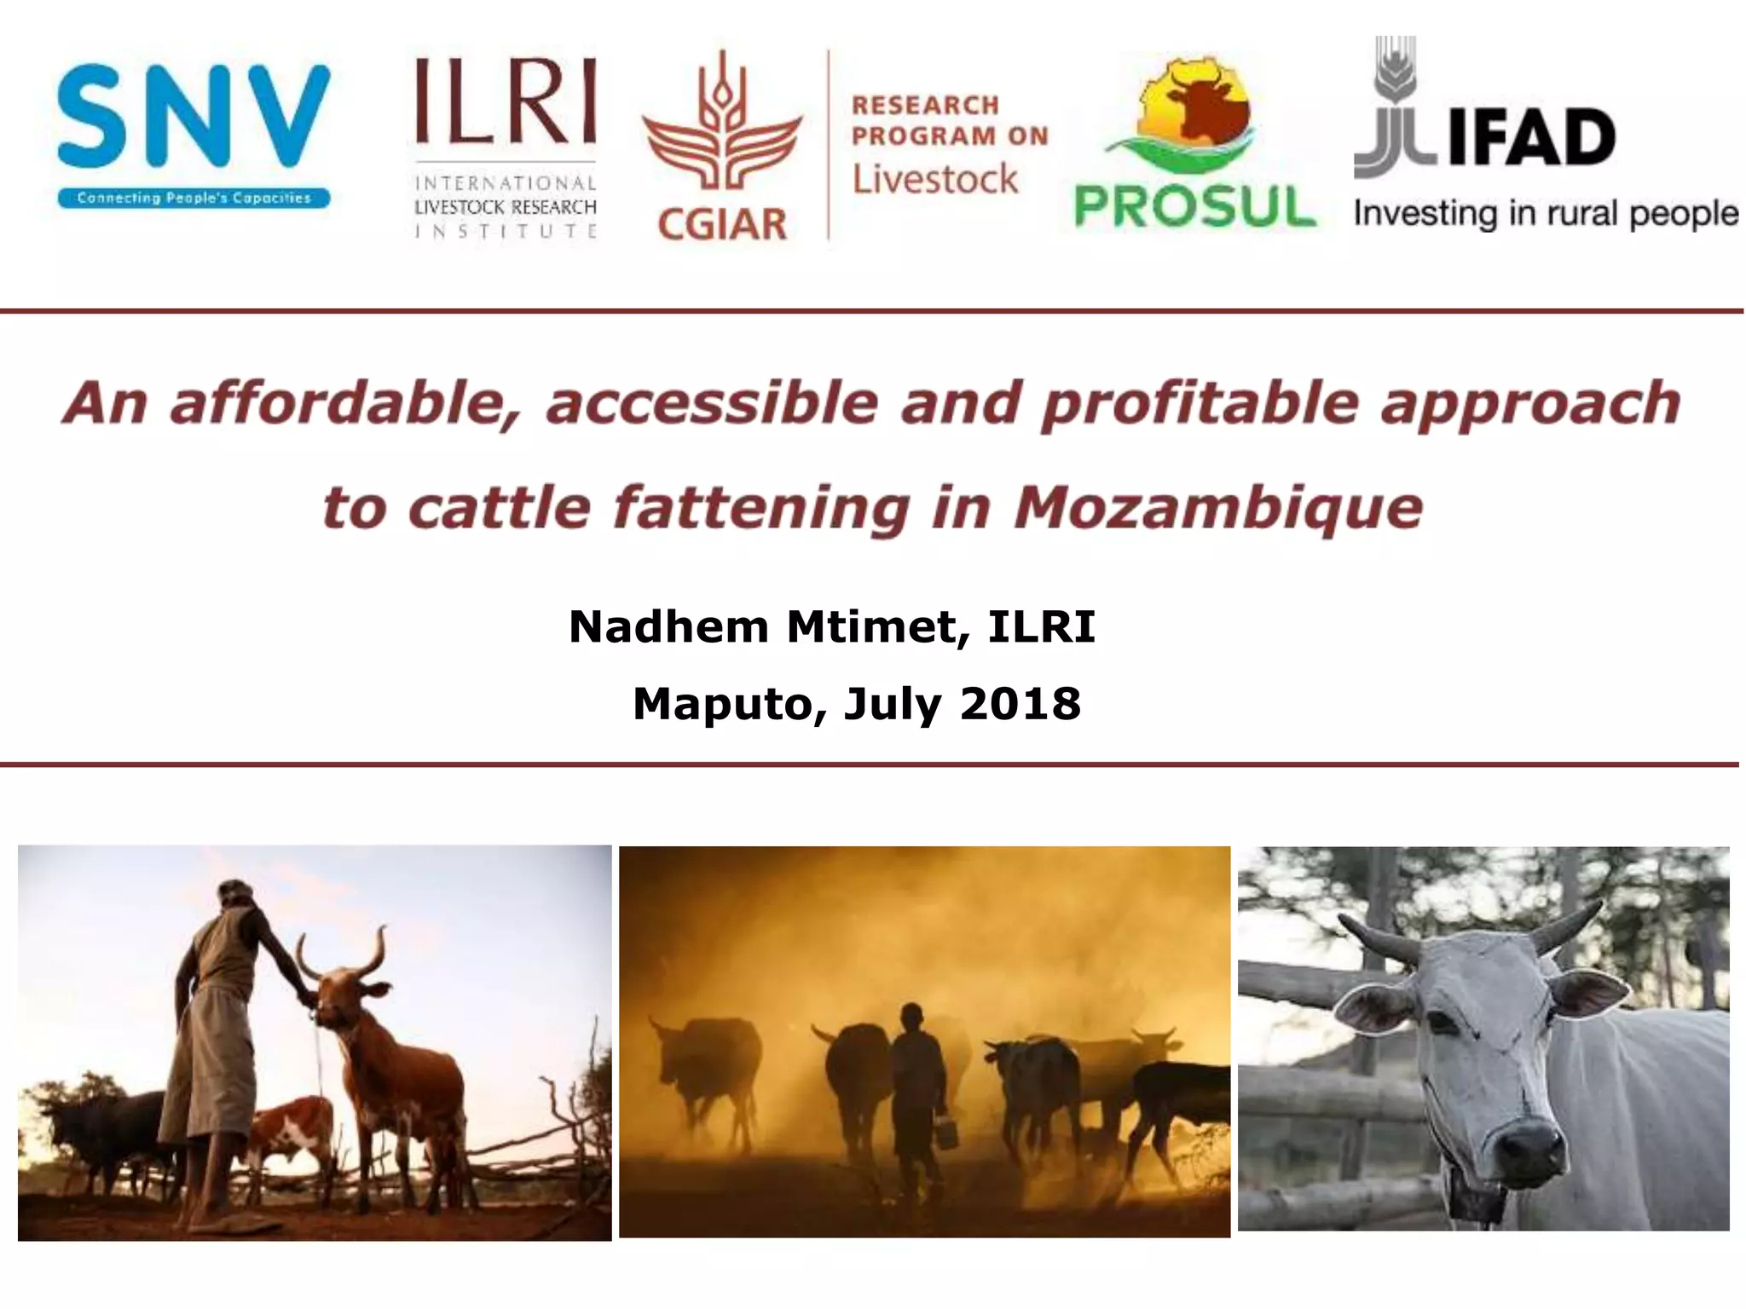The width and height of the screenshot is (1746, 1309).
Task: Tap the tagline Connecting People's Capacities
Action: pyautogui.click(x=194, y=199)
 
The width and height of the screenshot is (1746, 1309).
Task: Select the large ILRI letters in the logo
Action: pyautogui.click(x=506, y=102)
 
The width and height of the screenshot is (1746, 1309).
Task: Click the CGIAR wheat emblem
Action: pyautogui.click(x=721, y=128)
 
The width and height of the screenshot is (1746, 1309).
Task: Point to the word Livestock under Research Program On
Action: pyautogui.click(x=935, y=179)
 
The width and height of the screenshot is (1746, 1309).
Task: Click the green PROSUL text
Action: pyautogui.click(x=1194, y=207)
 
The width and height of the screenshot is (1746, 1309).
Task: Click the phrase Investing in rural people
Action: pyautogui.click(x=1545, y=214)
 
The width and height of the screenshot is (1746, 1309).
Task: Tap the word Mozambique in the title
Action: pyautogui.click(x=1218, y=509)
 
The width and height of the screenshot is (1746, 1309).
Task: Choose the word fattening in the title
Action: pyautogui.click(x=761, y=509)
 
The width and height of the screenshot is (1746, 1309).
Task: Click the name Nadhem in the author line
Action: pyautogui.click(x=668, y=628)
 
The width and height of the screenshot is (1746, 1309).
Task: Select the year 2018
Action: pyautogui.click(x=1020, y=705)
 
